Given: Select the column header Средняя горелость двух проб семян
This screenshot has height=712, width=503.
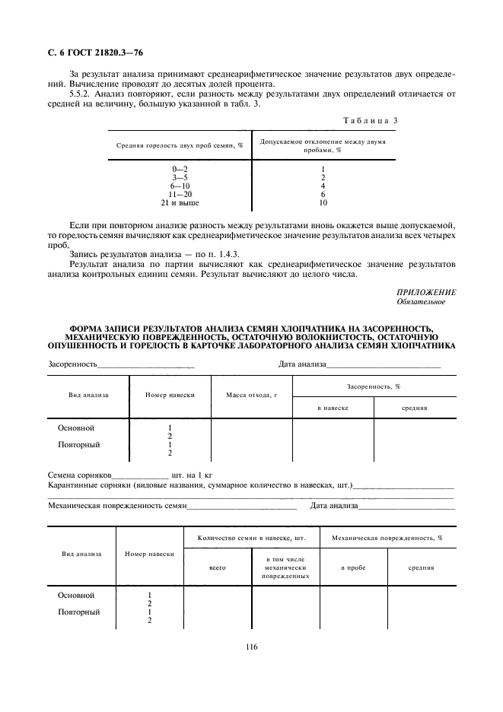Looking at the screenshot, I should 180,145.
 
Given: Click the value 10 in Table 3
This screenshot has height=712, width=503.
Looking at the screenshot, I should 323,203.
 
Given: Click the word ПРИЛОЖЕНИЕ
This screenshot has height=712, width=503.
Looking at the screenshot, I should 426,292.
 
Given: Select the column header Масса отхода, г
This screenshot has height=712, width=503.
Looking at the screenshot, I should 251,396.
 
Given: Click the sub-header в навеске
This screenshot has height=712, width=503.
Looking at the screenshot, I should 333,408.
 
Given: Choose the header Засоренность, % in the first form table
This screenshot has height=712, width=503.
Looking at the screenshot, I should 374,386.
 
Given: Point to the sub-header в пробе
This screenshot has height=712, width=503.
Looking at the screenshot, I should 352,567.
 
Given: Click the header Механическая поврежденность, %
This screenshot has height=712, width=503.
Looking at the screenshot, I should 387,538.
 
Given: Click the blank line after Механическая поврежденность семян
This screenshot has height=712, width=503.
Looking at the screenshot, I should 241,505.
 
